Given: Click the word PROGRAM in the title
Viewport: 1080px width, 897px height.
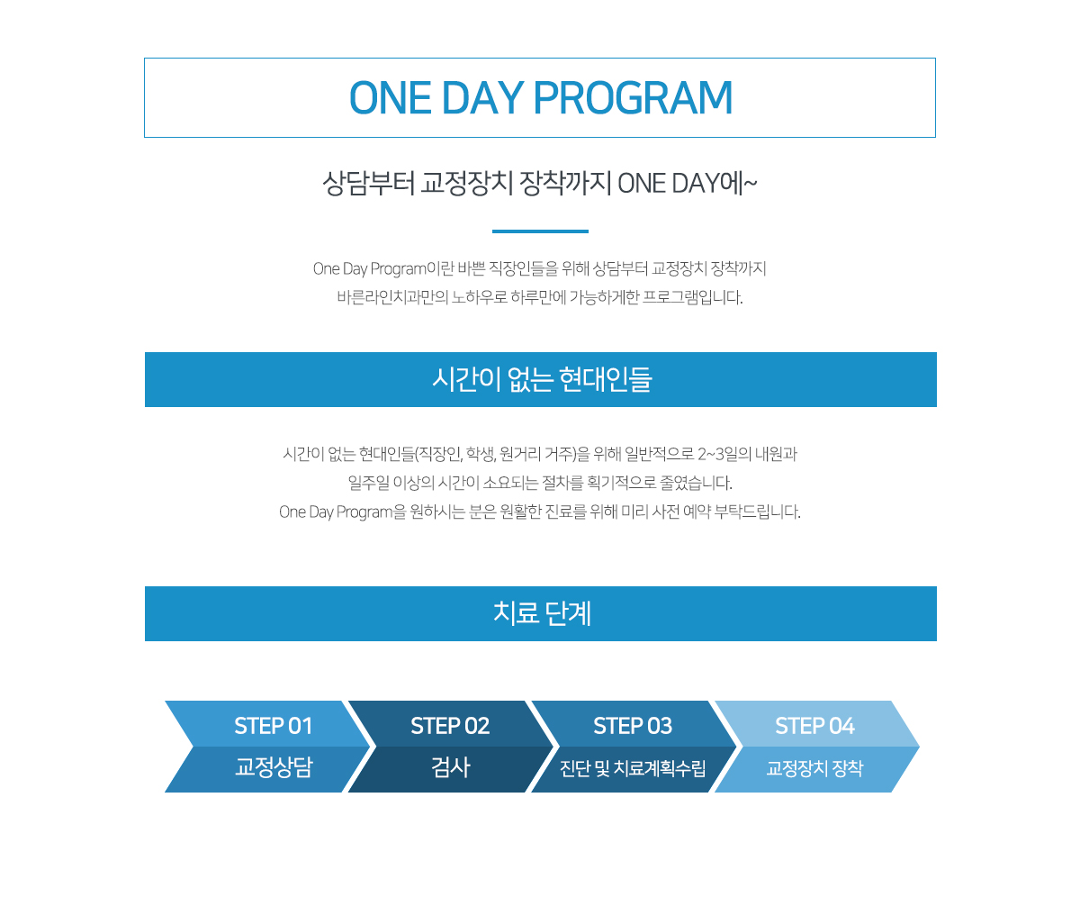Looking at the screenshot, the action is (633, 98).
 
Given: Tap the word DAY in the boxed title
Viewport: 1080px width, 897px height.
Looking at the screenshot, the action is (482, 98).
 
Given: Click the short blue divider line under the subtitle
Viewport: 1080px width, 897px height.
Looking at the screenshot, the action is (540, 231).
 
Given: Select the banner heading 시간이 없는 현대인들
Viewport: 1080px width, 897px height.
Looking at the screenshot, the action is (542, 379).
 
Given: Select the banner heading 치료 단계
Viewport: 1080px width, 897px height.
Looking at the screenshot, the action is (542, 613).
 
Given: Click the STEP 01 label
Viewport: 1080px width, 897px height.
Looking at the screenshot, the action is (273, 726).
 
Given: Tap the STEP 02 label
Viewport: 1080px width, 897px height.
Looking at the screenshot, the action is (450, 726).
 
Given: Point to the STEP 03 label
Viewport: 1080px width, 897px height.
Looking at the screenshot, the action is (633, 726).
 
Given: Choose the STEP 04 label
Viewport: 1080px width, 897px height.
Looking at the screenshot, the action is (814, 726).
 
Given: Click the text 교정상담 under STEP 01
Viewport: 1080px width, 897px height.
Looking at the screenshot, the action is (274, 767).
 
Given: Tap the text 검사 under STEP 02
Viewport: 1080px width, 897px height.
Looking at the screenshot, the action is (451, 767).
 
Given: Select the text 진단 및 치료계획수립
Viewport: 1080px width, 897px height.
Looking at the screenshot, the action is (633, 768).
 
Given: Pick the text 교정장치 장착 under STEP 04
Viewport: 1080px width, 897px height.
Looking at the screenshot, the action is (814, 768).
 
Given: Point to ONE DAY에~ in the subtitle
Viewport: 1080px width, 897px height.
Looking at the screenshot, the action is (688, 183).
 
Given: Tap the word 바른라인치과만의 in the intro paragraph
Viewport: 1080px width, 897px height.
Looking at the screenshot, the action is (392, 297).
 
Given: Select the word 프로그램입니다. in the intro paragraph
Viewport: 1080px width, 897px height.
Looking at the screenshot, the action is (693, 297).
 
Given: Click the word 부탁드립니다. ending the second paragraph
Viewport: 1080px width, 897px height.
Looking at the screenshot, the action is (757, 512).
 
